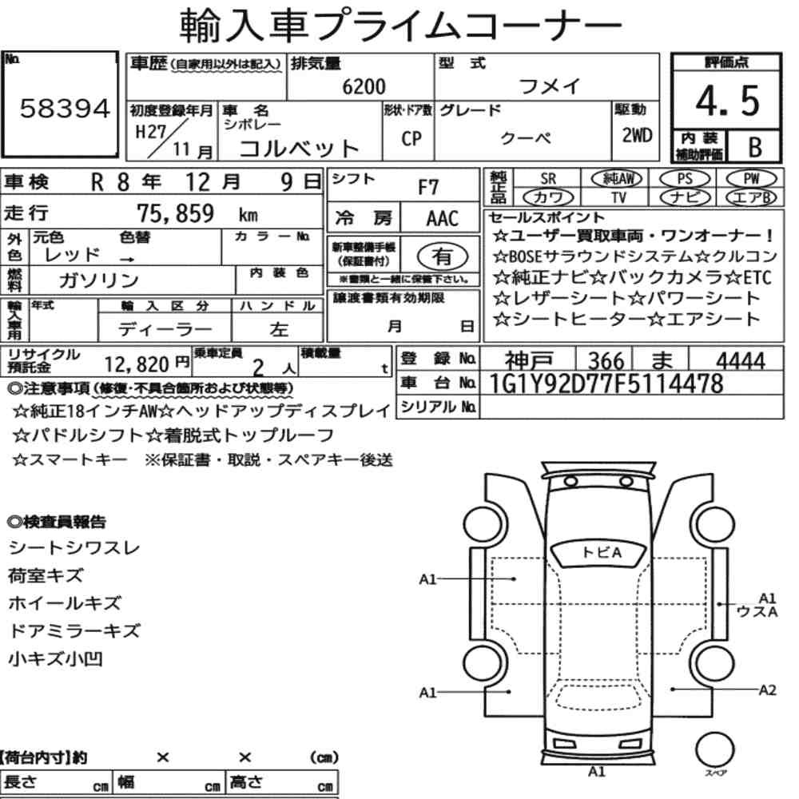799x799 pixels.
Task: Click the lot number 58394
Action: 65,109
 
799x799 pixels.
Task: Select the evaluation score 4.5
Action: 727,101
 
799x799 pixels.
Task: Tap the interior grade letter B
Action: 755,147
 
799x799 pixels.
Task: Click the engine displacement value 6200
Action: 364,86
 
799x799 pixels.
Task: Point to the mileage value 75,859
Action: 175,213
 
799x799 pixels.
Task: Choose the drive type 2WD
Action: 637,135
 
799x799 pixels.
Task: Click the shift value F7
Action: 427,188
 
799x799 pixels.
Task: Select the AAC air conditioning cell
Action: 442,219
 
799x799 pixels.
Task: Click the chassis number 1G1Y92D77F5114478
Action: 606,384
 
